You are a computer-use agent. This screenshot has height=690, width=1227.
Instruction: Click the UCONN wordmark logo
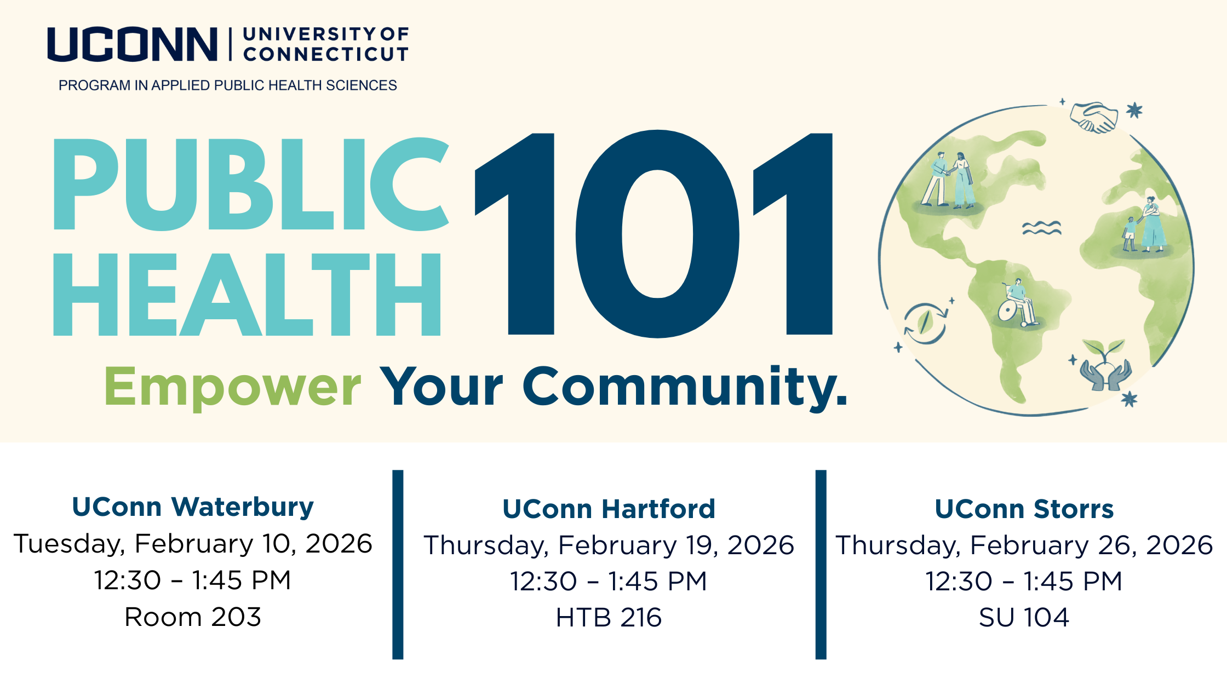(x=132, y=44)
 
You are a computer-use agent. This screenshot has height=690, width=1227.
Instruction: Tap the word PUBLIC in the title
(x=251, y=183)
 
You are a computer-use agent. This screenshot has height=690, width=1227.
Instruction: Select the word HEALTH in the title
(x=247, y=294)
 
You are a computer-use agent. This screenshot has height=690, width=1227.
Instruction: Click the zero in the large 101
(x=657, y=234)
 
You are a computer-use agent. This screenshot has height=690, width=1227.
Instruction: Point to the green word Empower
(x=232, y=387)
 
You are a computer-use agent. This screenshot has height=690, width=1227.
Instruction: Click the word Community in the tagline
(x=685, y=387)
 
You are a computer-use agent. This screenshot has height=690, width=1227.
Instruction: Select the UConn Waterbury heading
(x=193, y=507)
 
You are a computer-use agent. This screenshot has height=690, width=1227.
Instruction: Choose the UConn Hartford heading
(x=609, y=509)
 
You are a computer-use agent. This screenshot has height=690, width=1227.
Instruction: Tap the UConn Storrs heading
(x=1024, y=509)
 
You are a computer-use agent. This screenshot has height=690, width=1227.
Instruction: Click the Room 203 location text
(x=193, y=617)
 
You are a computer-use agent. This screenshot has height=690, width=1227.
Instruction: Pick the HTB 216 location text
(x=609, y=618)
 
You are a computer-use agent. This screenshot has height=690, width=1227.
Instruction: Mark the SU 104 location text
(x=1024, y=618)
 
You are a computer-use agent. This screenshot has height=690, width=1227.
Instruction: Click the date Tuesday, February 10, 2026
(x=193, y=544)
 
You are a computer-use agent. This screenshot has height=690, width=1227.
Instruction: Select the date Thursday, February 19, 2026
(x=609, y=545)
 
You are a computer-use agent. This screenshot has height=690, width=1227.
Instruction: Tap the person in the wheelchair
(x=1018, y=303)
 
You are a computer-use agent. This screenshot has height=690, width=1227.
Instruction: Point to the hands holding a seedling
(x=1105, y=366)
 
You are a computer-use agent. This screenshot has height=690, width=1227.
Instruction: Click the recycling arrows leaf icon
(x=925, y=323)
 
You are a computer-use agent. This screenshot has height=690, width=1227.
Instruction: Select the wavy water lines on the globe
(x=1042, y=228)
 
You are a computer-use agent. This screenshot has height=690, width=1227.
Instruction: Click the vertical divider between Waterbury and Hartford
(x=398, y=565)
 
